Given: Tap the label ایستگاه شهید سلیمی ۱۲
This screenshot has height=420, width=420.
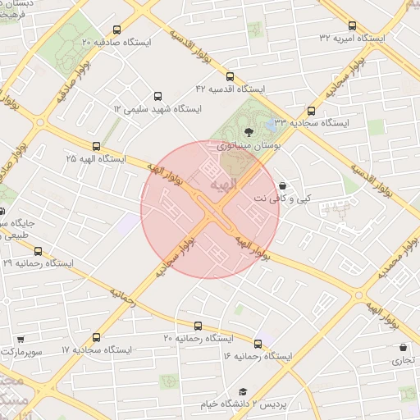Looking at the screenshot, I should point(157,108).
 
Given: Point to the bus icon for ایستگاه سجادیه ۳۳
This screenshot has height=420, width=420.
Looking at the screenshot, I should point(311,110).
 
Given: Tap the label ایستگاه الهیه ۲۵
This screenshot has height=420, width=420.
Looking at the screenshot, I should point(95,157).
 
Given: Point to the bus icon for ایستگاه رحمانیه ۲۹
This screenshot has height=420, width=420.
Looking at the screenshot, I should point(37,251).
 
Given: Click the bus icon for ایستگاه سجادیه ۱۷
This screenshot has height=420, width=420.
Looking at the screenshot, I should point(96,336).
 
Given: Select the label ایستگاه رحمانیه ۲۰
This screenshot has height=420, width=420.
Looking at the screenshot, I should point(198,338).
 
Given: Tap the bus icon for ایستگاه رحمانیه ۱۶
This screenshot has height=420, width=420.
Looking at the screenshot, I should point(258,344).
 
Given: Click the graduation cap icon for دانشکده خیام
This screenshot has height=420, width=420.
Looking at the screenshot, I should point(242,393).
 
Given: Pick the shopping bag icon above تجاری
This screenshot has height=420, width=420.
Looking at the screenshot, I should point(403,347).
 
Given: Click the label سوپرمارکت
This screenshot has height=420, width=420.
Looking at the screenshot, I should point(20,350).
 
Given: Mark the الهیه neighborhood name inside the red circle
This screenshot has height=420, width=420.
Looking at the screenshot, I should point(223,185).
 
